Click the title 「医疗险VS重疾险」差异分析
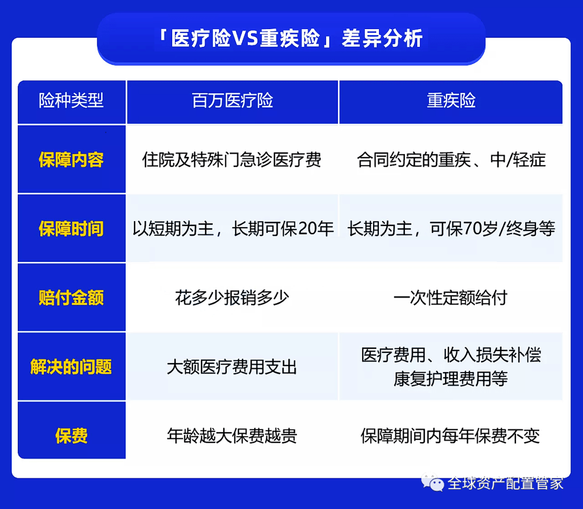291,39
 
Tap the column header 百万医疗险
233,101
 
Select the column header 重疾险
451,101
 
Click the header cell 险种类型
71,101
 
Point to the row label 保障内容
71,160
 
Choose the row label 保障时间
71,229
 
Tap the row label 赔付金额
71,298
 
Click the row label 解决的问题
71,367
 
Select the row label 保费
71,436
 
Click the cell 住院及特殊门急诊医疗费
232,160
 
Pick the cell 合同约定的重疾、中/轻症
451,160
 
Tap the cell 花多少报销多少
232,298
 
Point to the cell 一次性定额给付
451,298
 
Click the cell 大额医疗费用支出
232,367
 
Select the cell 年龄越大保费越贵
232,436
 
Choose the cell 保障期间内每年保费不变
451,436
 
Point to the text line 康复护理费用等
451,379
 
